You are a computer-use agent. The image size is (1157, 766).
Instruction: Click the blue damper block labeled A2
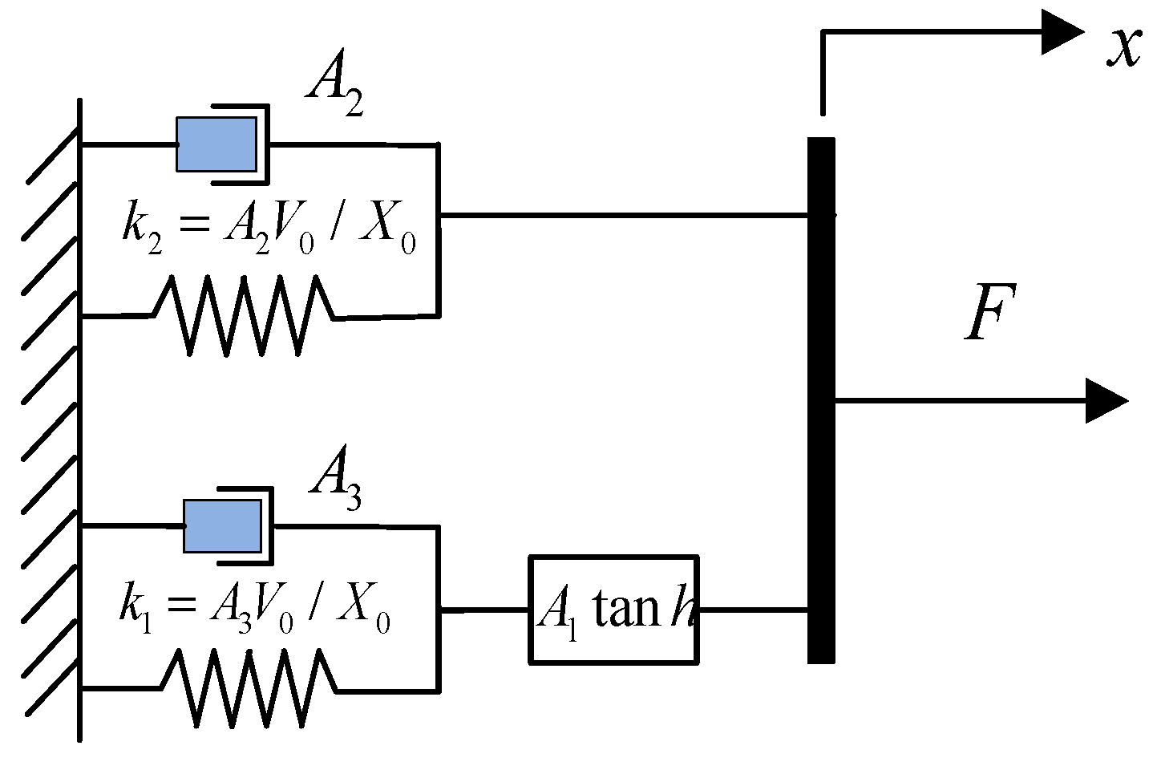[x=216, y=144]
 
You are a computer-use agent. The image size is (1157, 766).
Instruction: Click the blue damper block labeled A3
[x=222, y=526]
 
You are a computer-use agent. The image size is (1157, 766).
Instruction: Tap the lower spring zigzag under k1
[x=249, y=687]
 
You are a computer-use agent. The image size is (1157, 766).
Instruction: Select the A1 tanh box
[x=613, y=610]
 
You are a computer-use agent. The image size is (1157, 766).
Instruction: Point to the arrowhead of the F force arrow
[x=1106, y=400]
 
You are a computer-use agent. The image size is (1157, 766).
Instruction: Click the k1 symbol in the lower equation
[x=136, y=609]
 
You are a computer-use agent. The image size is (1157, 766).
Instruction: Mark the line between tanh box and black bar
[x=752, y=610]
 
